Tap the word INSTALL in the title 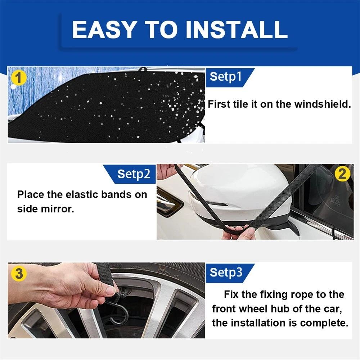[x=237, y=30]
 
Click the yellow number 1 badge [x=19, y=78]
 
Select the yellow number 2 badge [x=342, y=174]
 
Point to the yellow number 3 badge [x=19, y=274]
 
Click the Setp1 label [x=225, y=77]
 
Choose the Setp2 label [x=134, y=174]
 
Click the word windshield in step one [x=323, y=104]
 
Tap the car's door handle [x=169, y=204]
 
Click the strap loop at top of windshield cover [x=143, y=69]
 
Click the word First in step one [x=219, y=104]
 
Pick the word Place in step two [x=31, y=195]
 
